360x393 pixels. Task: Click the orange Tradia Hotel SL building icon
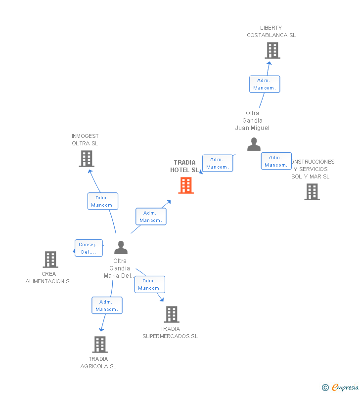186,185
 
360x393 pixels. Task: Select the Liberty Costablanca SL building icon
272,50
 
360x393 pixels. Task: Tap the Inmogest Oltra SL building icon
86,159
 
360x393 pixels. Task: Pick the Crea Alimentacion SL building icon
50,259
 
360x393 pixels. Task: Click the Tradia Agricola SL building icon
99,344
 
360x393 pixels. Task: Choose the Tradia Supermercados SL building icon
171,314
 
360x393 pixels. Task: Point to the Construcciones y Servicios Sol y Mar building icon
312,192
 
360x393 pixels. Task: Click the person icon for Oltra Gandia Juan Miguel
254,144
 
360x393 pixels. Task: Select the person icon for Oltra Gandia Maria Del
121,248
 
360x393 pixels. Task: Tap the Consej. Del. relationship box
89,248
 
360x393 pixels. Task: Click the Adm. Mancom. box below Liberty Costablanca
265,84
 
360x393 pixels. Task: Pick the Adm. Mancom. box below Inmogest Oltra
103,201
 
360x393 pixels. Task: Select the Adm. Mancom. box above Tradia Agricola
107,306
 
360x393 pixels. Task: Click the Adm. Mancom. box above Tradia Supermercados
149,284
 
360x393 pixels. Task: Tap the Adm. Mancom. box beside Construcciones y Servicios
276,161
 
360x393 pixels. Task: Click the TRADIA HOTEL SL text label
184,166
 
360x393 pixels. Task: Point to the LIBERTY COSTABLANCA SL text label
271,32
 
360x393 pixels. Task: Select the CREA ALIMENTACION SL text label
49,277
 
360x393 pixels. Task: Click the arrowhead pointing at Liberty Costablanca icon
269,63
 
